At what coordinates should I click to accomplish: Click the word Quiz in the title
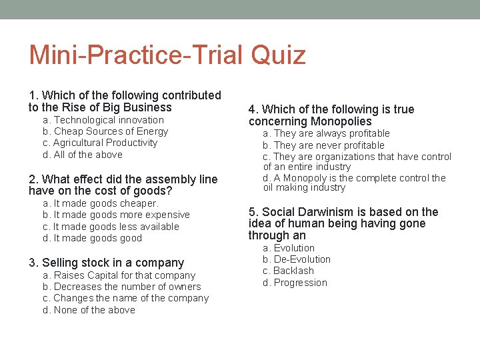278,55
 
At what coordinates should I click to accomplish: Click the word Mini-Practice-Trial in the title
137,55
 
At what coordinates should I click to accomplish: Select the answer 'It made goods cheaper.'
101,203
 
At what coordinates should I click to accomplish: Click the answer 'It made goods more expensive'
116,215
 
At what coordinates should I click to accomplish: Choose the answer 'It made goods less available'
111,227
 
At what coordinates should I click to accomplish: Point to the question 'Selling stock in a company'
106,263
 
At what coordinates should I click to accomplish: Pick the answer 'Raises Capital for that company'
119,275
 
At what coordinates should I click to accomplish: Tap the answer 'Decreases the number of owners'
121,287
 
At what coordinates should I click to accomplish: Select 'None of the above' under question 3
89,310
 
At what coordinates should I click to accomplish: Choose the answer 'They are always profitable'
326,133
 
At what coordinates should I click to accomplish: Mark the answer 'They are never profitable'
323,145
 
